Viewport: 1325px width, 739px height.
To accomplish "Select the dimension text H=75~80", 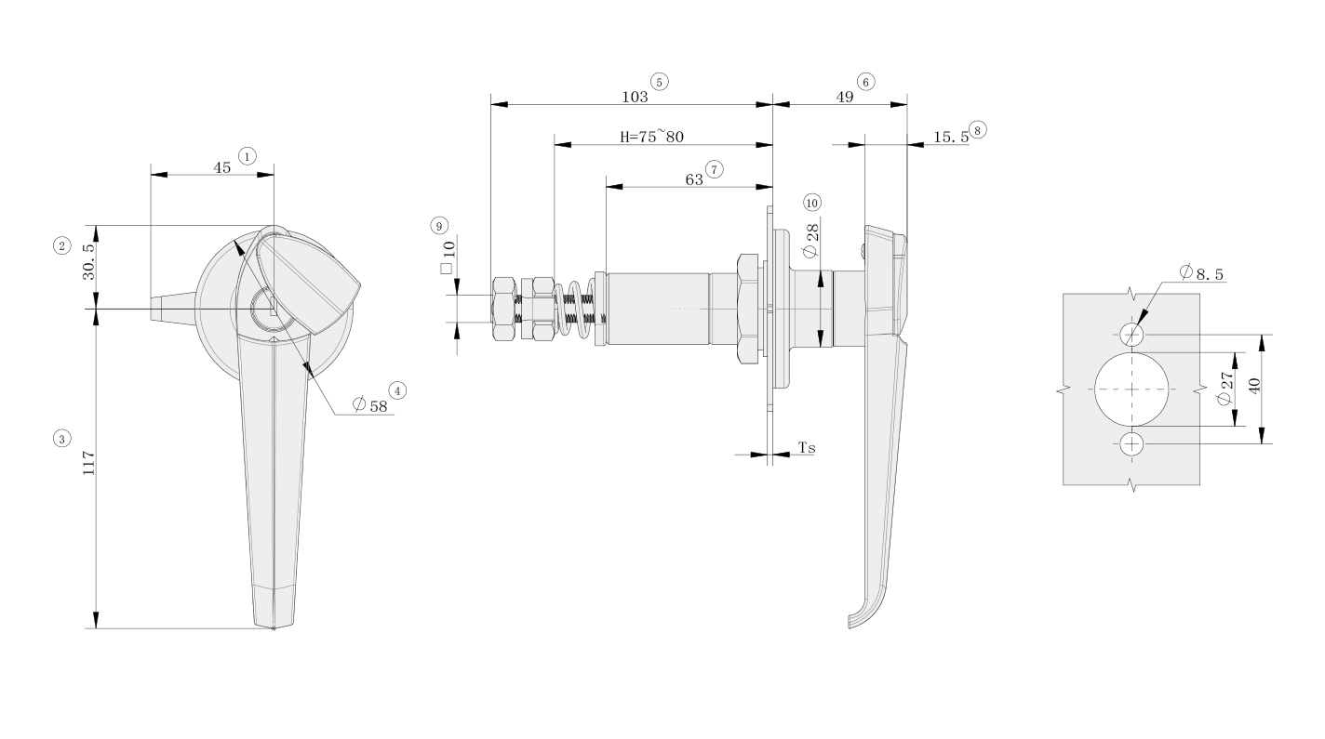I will click(652, 136).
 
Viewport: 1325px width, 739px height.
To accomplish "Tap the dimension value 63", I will click(694, 179).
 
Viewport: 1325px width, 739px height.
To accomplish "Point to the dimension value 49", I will click(845, 95).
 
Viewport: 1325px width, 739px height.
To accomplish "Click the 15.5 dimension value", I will click(949, 136).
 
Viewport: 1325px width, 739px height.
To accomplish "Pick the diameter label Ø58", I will click(369, 405).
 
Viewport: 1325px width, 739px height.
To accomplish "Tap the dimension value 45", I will click(222, 167).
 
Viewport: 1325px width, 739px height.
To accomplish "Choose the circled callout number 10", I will click(812, 202).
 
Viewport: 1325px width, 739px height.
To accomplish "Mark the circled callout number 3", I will click(61, 437).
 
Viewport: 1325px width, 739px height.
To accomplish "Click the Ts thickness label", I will click(807, 448).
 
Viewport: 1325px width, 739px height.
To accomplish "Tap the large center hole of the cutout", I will click(1131, 389).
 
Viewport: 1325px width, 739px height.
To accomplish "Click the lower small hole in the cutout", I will click(1131, 443).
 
